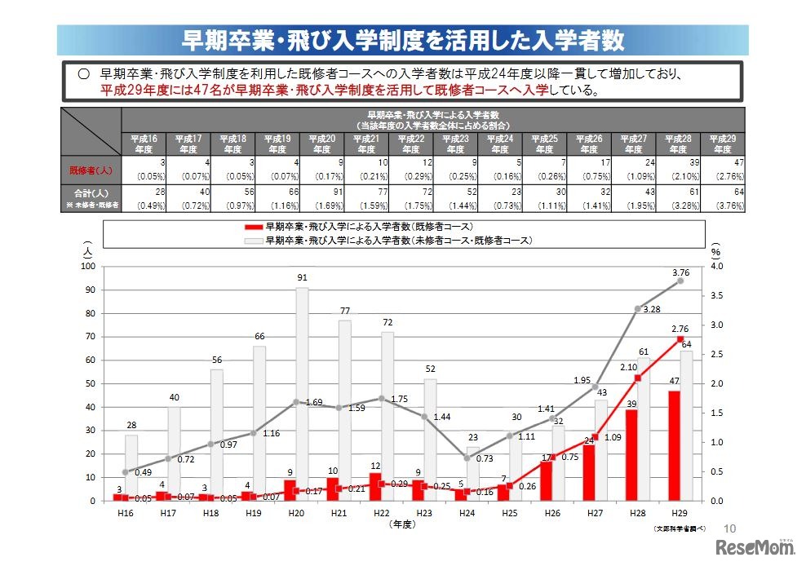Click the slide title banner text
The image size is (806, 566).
pos(402,40)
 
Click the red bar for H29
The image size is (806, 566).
pos(674,445)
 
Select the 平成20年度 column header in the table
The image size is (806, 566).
pos(321,144)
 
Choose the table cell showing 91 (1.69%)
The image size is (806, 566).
pos(321,197)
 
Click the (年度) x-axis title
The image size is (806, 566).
pos(401,524)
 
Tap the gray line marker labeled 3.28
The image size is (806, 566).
pos(637,308)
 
